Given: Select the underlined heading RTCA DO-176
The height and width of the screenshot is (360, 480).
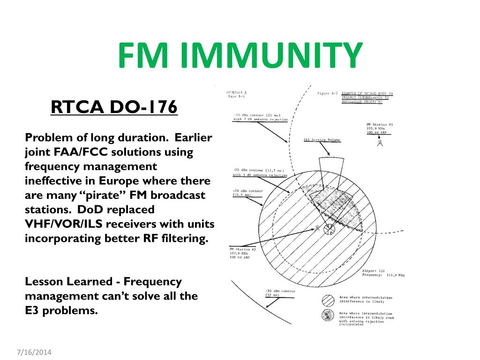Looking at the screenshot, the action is (x=114, y=108).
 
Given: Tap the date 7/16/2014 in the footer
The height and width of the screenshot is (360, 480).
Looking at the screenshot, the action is (x=33, y=352).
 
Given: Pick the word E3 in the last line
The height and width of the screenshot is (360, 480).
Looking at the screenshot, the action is (x=33, y=310).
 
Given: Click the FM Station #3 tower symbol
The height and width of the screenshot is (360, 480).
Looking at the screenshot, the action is (x=380, y=142).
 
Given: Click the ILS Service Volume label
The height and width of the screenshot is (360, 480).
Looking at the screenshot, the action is (x=322, y=140).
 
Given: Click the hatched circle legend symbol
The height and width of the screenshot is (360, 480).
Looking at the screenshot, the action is (x=328, y=300).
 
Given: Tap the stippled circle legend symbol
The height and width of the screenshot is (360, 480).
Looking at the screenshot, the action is (x=328, y=315).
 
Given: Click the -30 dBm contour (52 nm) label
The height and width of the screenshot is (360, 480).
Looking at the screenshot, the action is (x=280, y=293).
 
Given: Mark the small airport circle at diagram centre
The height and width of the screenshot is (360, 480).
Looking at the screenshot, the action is (x=330, y=229).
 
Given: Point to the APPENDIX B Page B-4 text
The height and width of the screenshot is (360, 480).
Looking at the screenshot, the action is (x=236, y=94).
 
